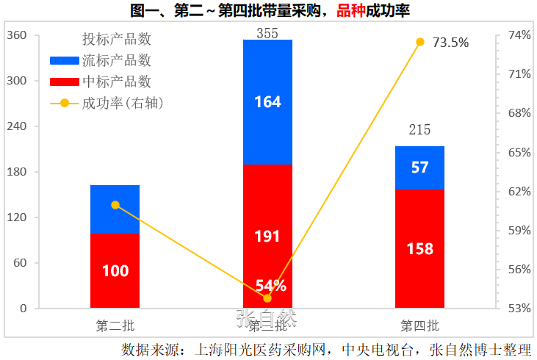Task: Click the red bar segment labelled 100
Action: pyautogui.click(x=115, y=270)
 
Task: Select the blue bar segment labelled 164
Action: pyautogui.click(x=267, y=101)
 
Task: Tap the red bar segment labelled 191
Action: pyautogui.click(x=267, y=236)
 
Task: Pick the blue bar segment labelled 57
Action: pyautogui.click(x=419, y=168)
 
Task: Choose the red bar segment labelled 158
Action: pyautogui.click(x=419, y=248)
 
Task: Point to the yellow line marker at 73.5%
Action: pyautogui.click(x=420, y=42)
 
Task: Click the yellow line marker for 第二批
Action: pyautogui.click(x=115, y=205)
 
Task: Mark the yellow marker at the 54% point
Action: pyautogui.click(x=267, y=298)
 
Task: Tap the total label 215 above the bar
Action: pyautogui.click(x=419, y=130)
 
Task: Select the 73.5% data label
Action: pyautogui.click(x=450, y=43)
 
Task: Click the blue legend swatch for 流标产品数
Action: pyautogui.click(x=64, y=60)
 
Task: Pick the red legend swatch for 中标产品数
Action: pyautogui.click(x=64, y=82)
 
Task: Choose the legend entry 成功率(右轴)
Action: pyautogui.click(x=122, y=103)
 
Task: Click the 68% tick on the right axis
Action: pyautogui.click(x=519, y=113)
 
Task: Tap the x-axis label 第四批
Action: pyautogui.click(x=419, y=325)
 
